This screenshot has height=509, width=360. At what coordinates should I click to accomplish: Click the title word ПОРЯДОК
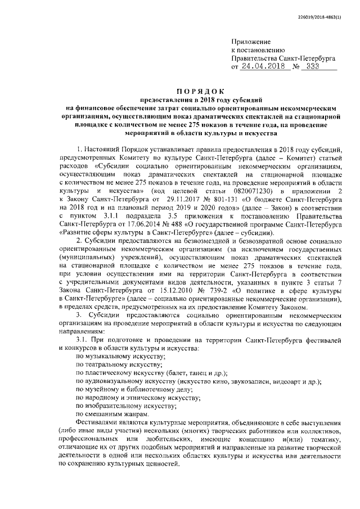coord(200,91)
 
